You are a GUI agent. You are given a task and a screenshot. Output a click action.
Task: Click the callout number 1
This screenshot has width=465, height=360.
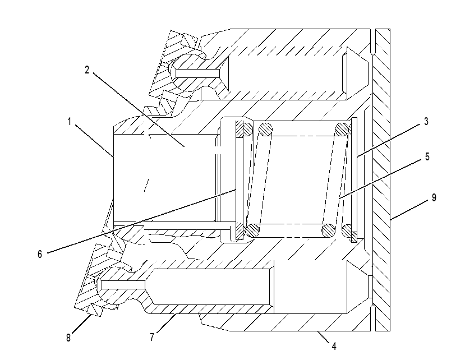[x=70, y=122]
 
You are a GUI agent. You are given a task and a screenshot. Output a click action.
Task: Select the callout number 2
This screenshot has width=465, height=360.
[x=87, y=70]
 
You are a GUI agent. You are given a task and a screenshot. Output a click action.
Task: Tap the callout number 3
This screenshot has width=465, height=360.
[x=426, y=121]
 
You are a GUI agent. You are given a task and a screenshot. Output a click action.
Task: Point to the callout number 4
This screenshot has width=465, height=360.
[x=334, y=346]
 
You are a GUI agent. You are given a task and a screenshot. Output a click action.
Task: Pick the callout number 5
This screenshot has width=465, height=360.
[x=427, y=156]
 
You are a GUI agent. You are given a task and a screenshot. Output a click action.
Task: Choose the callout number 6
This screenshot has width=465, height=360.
[x=40, y=254]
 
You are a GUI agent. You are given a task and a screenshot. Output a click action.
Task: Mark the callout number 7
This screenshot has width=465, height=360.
[x=152, y=337]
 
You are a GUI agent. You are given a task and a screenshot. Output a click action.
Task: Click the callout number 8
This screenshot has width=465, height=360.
[x=68, y=338]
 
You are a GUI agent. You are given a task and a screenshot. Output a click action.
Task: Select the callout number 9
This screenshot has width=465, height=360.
[x=434, y=197]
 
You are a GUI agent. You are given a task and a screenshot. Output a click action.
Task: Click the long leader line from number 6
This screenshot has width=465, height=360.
[x=141, y=221]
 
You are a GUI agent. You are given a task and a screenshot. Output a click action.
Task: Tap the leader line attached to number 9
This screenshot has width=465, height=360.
[x=409, y=210]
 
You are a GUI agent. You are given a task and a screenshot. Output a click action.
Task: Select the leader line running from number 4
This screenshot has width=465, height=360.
[x=323, y=337]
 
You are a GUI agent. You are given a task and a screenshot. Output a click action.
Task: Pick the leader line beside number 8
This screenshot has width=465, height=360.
[x=81, y=325]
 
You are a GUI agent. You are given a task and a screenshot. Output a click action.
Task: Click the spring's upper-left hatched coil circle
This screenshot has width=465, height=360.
[x=265, y=130]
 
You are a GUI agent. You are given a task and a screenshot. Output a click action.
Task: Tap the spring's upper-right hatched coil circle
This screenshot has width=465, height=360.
[x=342, y=130]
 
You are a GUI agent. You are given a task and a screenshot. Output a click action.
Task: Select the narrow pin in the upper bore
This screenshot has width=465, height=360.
[x=198, y=73]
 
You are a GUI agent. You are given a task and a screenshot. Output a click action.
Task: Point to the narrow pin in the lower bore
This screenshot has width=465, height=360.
[x=123, y=285]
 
